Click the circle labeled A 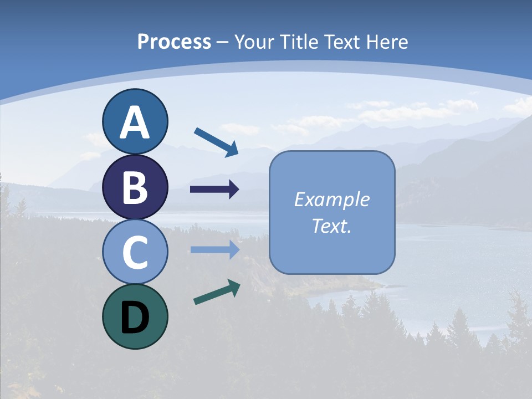[x=135, y=122]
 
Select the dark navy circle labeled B [x=135, y=187]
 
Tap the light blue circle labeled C [x=135, y=252]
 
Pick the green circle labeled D [x=135, y=316]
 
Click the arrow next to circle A [x=217, y=142]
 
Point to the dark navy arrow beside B [x=214, y=190]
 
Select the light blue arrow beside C [x=214, y=250]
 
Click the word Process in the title [x=174, y=42]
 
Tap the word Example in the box [x=332, y=199]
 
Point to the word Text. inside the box [x=332, y=226]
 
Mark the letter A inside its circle [x=135, y=122]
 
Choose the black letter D [x=135, y=318]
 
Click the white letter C [x=135, y=252]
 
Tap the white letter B [x=135, y=187]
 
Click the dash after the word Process [x=223, y=42]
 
